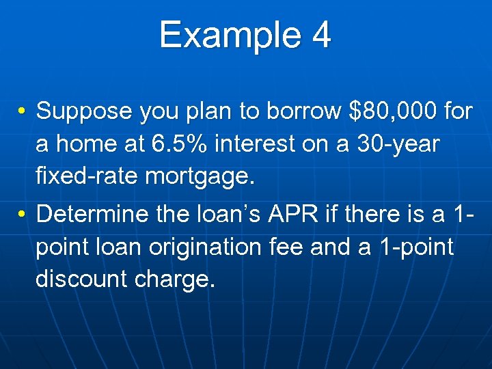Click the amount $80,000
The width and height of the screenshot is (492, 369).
391,111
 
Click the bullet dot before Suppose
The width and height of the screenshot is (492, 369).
23,111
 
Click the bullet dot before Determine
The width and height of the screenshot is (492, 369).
23,215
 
